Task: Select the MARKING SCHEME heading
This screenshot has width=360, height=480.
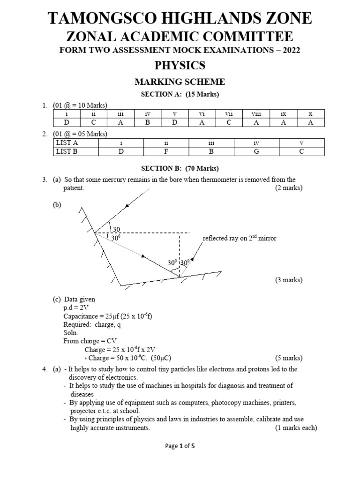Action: click(x=180, y=82)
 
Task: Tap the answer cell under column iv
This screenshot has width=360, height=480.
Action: click(x=147, y=122)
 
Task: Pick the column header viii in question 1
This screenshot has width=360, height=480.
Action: click(x=256, y=113)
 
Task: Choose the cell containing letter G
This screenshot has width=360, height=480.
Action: click(x=256, y=151)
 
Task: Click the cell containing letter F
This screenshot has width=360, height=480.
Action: click(x=166, y=151)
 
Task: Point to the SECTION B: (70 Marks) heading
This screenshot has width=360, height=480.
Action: click(x=180, y=168)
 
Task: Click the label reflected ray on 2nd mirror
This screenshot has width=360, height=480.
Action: click(x=239, y=239)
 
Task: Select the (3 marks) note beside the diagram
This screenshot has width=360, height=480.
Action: click(x=288, y=280)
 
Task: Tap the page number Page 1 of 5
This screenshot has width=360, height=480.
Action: click(x=180, y=446)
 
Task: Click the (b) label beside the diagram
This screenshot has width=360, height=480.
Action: click(x=57, y=205)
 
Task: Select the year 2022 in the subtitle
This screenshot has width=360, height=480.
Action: click(x=291, y=50)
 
